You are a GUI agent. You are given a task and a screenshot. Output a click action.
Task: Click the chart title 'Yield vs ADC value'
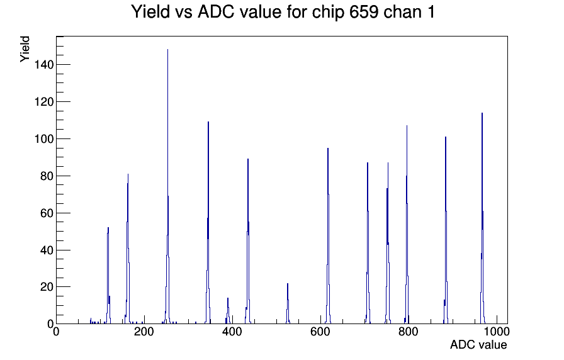[206, 12]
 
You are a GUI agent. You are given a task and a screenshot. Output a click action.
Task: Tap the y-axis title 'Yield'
[25, 49]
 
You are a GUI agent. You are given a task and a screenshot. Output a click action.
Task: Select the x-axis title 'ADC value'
[478, 344]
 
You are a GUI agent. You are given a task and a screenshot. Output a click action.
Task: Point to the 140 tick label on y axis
[44, 65]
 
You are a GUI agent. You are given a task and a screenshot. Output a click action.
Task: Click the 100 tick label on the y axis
[44, 139]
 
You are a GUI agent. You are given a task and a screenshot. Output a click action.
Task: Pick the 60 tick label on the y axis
[47, 213]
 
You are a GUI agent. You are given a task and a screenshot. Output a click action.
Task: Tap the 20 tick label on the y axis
[47, 287]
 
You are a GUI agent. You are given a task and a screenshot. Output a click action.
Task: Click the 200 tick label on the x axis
[144, 331]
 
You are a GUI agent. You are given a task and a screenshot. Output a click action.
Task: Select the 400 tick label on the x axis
[232, 331]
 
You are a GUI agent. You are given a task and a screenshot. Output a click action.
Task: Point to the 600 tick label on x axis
[320, 331]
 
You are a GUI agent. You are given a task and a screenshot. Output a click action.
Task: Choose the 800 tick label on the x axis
[409, 331]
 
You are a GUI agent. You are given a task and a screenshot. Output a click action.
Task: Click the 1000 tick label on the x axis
[497, 331]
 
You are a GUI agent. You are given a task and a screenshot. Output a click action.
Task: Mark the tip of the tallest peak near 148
[167, 50]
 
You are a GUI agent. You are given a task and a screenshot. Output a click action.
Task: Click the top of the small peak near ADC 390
[228, 298]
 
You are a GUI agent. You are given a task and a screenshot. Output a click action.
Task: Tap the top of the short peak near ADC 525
[288, 283]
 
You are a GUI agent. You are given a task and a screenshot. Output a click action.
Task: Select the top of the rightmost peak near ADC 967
[482, 113]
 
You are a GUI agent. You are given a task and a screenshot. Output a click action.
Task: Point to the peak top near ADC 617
[328, 148]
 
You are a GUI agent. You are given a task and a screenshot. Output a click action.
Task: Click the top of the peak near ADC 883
[445, 137]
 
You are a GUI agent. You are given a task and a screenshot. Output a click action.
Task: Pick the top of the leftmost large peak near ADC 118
[108, 227]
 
